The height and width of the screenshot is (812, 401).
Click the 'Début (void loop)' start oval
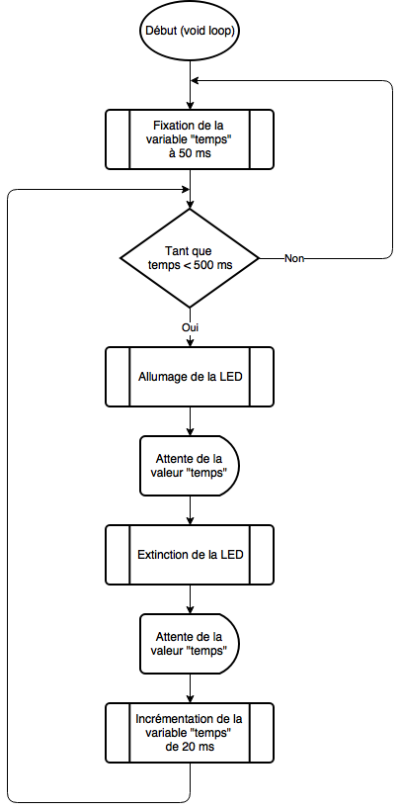point(190,31)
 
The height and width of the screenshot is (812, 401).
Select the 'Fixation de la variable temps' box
point(190,139)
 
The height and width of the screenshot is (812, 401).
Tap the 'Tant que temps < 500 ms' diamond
point(190,258)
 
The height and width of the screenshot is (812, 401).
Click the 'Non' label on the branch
point(294,259)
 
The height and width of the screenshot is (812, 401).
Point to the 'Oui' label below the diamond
point(191,327)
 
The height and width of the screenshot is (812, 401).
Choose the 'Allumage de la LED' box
point(190,377)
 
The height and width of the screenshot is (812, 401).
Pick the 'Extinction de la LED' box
point(190,555)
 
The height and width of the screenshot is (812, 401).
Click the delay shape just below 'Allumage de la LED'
point(190,465)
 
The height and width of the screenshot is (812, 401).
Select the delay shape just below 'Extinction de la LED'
point(190,643)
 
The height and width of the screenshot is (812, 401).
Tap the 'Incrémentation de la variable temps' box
point(190,733)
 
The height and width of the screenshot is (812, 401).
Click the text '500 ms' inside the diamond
point(215,265)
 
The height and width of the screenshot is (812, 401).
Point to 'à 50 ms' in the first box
point(190,153)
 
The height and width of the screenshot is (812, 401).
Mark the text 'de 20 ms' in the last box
point(189,747)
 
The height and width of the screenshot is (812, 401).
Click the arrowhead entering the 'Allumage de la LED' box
point(191,342)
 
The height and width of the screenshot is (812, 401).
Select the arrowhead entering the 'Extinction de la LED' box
point(191,520)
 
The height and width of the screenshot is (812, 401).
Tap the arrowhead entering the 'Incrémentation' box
point(191,698)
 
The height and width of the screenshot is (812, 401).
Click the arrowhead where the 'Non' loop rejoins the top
point(195,80)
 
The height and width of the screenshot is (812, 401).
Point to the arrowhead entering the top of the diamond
point(191,205)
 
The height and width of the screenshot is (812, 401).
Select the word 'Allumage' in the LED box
point(159,377)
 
